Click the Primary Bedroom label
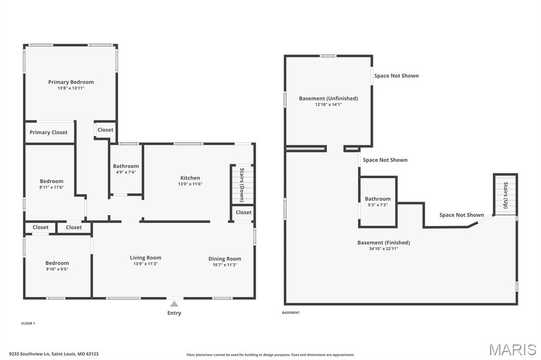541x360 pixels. pos(71,82)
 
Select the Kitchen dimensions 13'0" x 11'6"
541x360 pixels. pos(190,184)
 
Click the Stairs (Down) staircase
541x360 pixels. pos(242,185)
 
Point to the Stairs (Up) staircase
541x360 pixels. pos(506,195)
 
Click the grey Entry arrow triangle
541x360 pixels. pos(174,304)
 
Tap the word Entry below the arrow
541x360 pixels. pos(174,313)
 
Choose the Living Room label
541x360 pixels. pos(145,258)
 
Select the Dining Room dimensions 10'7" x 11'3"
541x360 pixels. pos(225,265)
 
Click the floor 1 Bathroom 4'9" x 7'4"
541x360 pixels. pos(126,169)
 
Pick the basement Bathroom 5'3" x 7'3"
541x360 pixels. pos(378,202)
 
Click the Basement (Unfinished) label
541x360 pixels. pos(329,98)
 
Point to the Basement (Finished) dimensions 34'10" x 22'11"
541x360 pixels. pos(384,249)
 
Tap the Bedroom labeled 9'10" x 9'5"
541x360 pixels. pos(58,266)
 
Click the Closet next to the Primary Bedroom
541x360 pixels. pos(105,130)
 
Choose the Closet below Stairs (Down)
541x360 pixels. pos(243,213)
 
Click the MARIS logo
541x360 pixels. pos(512,349)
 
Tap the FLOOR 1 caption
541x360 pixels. pos(28,324)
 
